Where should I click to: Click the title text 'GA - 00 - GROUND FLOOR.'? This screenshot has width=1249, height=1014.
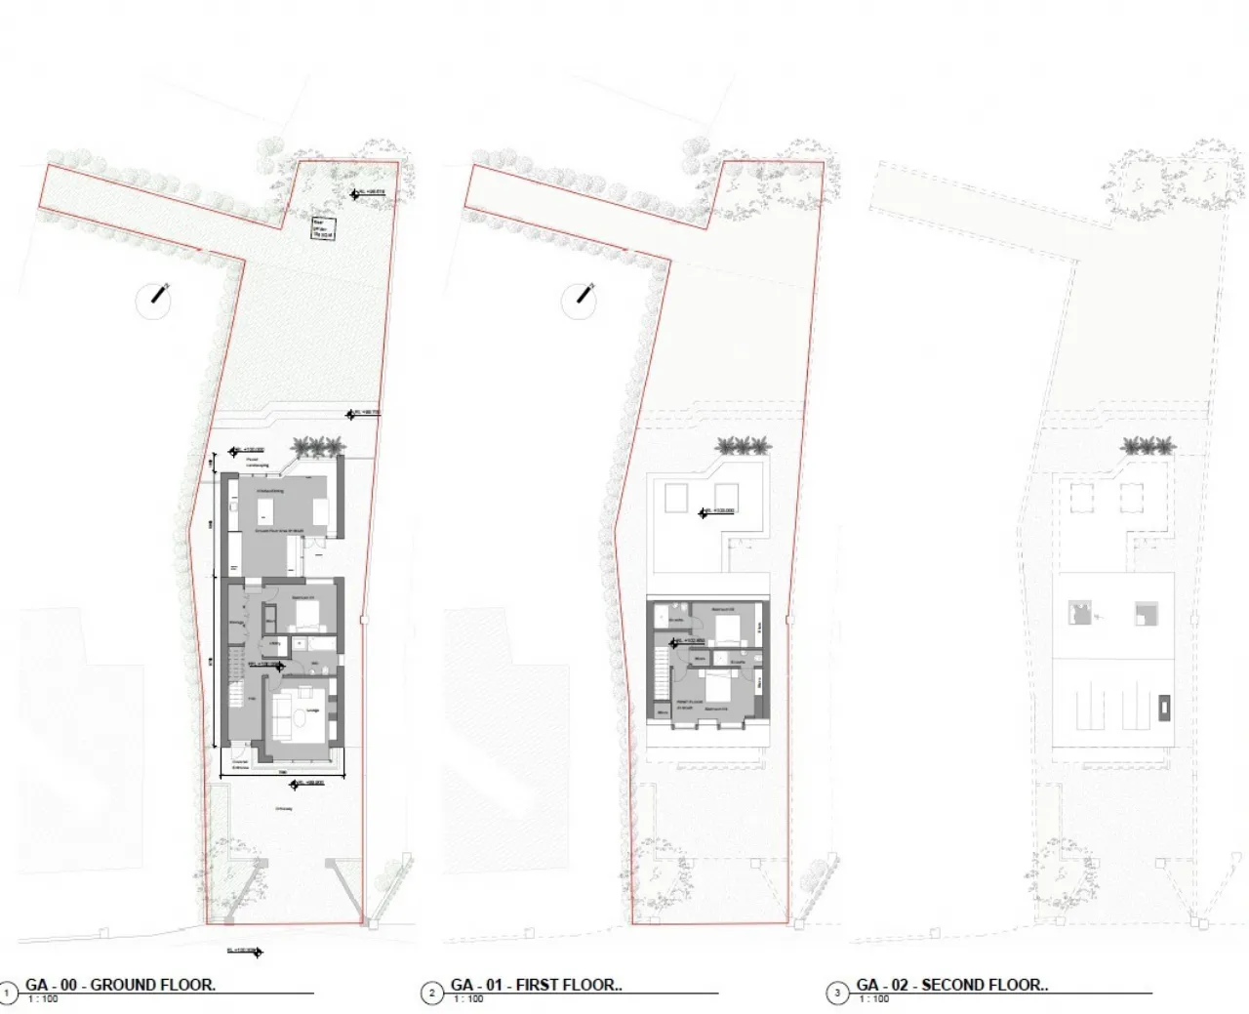[120, 985]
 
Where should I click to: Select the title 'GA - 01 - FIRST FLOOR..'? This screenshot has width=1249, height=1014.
[536, 985]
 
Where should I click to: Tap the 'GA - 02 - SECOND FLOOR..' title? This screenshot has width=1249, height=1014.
[951, 985]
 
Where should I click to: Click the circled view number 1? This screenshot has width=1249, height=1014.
[9, 994]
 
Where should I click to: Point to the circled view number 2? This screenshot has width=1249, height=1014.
[432, 994]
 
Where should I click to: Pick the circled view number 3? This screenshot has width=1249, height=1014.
[837, 994]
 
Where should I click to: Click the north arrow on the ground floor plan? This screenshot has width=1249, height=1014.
[154, 299]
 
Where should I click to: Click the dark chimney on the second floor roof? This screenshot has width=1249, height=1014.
[1164, 707]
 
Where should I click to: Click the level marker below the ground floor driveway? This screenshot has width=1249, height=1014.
[244, 951]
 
